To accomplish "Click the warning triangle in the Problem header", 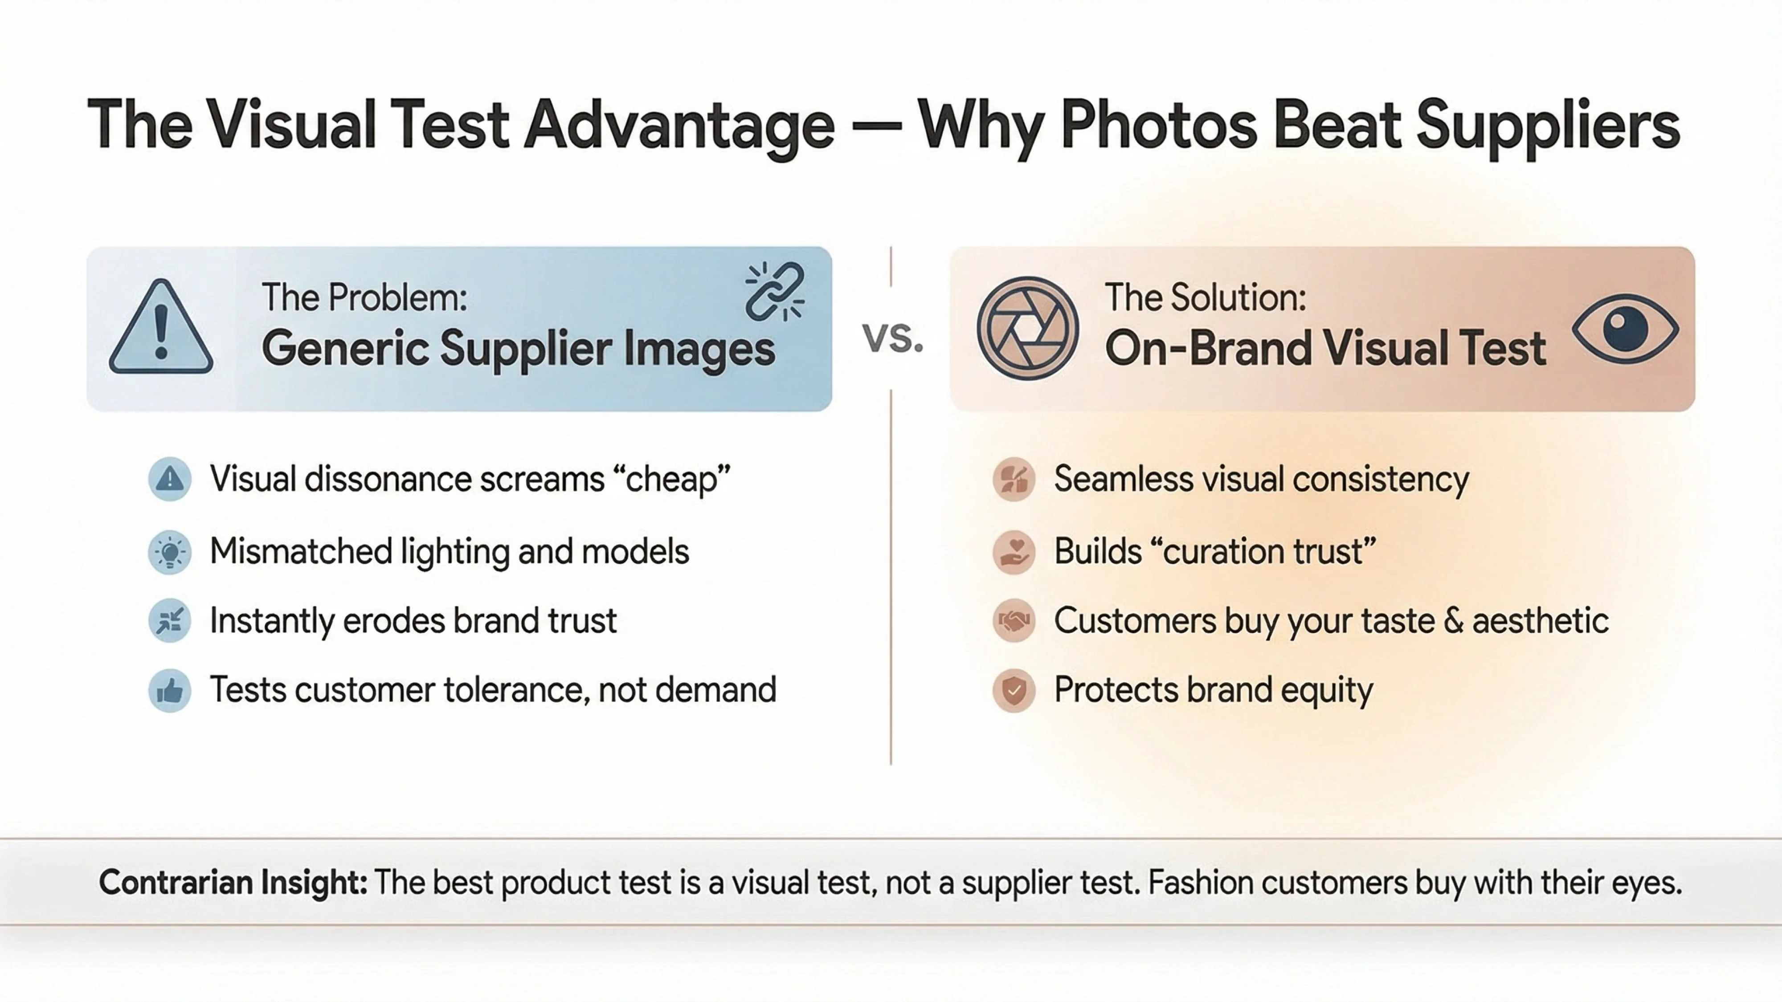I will point(161,327).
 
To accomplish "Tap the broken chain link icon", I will point(775,292).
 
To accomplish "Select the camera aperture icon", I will point(1027,328).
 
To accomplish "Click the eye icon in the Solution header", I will point(1625,329).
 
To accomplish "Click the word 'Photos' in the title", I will point(1159,125).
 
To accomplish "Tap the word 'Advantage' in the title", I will point(679,125).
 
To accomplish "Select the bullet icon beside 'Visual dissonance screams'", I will point(169,479).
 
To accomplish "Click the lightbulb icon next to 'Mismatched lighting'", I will point(169,552).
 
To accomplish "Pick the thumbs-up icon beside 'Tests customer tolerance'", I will point(169,690).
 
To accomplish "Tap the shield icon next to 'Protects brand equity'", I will point(1014,690).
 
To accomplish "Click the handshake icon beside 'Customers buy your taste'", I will point(1014,620).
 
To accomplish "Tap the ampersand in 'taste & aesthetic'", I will point(1453,620).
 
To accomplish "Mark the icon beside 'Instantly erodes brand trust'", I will point(169,620).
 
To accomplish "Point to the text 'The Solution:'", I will point(1205,297).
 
